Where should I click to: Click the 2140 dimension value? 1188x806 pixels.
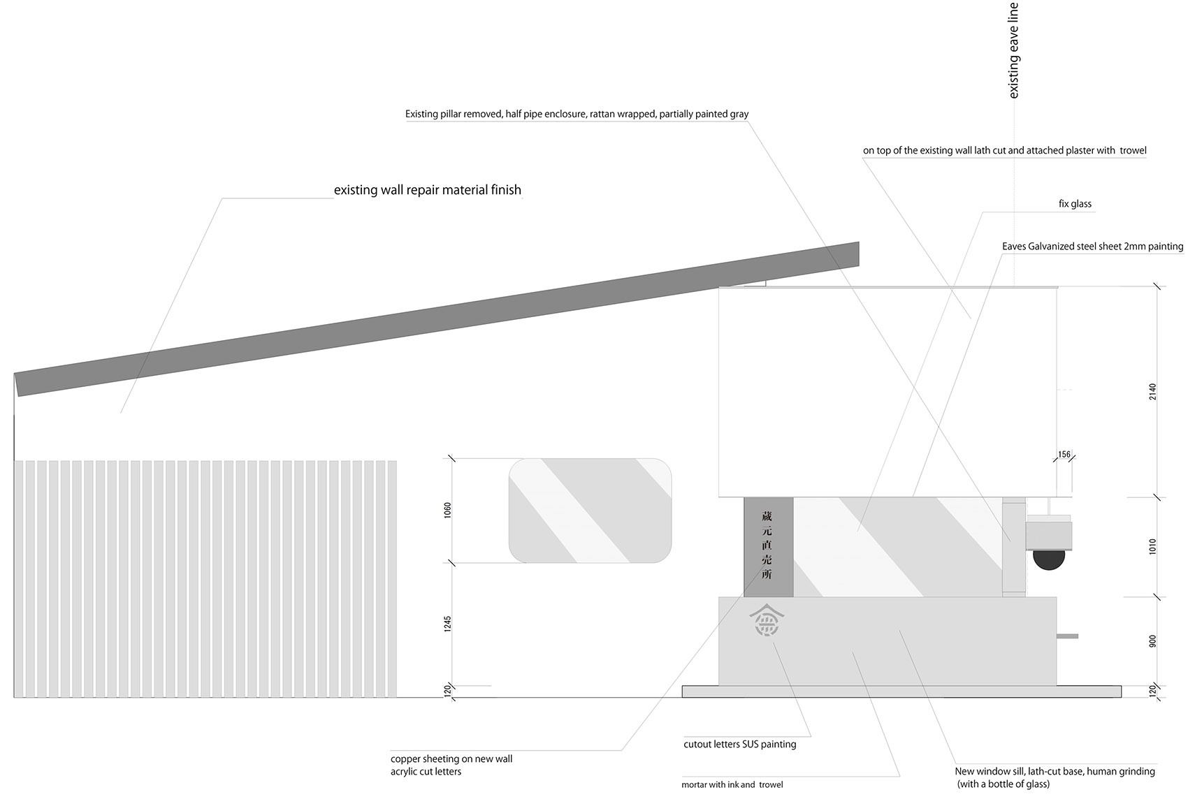[1152, 392]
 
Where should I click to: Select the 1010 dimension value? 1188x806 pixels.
[1152, 546]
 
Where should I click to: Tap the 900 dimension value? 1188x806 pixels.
[1152, 641]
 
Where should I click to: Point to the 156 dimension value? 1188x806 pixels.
[1064, 454]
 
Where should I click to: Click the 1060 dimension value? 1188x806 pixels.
[447, 510]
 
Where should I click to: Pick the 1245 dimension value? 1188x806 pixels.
[447, 624]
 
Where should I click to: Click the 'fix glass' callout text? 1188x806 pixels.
[1075, 204]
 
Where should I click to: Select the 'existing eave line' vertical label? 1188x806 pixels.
[1013, 50]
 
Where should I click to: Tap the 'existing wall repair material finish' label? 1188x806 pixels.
[428, 190]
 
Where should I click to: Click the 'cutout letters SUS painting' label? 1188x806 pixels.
[740, 744]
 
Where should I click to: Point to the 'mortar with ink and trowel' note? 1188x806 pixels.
[732, 784]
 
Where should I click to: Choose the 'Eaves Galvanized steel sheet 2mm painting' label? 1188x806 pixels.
[1092, 247]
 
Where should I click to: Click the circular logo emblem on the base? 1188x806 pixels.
[767, 620]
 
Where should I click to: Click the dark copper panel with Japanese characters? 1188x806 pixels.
[769, 547]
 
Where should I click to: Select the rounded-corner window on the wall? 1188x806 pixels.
[590, 510]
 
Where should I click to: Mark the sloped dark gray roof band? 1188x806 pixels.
[437, 319]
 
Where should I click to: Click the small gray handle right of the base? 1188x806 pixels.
[1067, 636]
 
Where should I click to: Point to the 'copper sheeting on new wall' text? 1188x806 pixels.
[451, 759]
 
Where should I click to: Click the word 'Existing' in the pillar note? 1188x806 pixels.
[421, 114]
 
